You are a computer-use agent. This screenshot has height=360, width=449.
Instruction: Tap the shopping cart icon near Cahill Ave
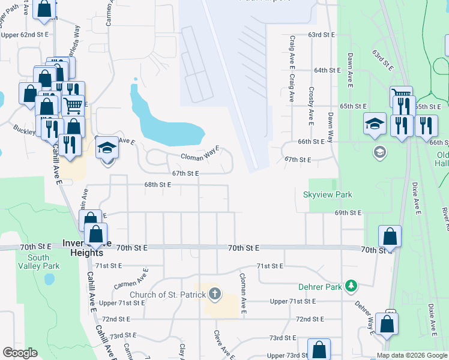(x=73, y=107)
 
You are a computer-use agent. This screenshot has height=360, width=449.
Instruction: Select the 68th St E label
(x=157, y=185)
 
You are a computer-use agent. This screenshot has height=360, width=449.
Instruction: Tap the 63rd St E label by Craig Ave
(x=321, y=35)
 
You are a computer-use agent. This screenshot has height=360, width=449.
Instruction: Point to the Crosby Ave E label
(x=311, y=105)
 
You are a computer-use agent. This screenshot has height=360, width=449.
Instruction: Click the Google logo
(x=20, y=353)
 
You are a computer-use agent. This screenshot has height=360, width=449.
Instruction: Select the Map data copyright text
(x=412, y=355)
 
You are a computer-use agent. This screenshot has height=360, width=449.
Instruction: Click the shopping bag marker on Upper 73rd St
(x=319, y=350)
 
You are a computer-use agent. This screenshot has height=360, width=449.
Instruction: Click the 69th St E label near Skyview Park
(x=348, y=213)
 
